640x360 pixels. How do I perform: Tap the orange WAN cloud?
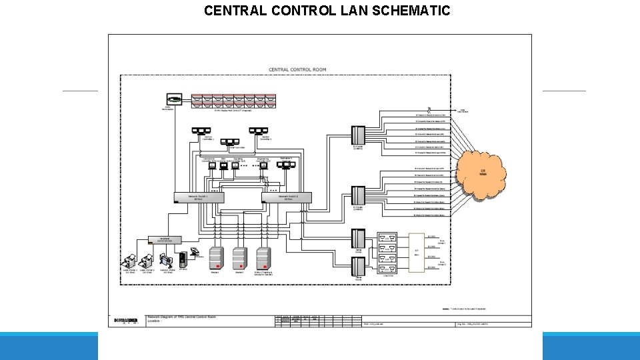(x=482, y=173)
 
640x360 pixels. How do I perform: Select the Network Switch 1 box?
(x=199, y=197)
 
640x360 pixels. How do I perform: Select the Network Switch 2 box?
(x=287, y=197)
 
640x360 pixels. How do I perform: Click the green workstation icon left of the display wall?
(x=174, y=100)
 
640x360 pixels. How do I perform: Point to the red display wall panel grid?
(x=231, y=101)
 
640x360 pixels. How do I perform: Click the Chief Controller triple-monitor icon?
(x=231, y=141)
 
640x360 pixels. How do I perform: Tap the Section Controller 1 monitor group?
(x=201, y=131)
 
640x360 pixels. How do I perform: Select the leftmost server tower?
(x=216, y=257)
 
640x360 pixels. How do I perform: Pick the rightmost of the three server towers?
(x=263, y=257)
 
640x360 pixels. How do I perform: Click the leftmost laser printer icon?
(x=130, y=261)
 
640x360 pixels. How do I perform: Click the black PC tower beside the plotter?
(x=183, y=259)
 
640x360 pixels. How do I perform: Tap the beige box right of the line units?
(x=416, y=253)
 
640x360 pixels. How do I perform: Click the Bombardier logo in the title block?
(x=126, y=320)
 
